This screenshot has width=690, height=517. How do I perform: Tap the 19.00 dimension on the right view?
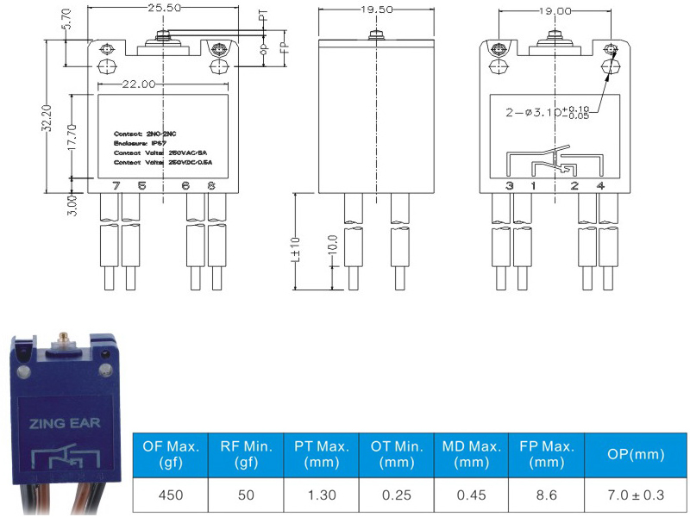tap(552, 12)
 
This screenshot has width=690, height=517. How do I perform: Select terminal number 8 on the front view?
tap(210, 185)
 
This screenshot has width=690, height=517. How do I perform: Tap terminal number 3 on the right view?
tap(510, 185)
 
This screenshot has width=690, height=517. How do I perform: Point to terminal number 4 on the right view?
tap(600, 185)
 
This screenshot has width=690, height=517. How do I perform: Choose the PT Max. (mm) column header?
tap(322, 453)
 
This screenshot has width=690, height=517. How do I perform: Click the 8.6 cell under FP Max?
tap(546, 496)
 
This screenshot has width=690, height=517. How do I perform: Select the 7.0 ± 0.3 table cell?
tap(636, 496)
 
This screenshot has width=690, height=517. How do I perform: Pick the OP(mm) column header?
tap(636, 453)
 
